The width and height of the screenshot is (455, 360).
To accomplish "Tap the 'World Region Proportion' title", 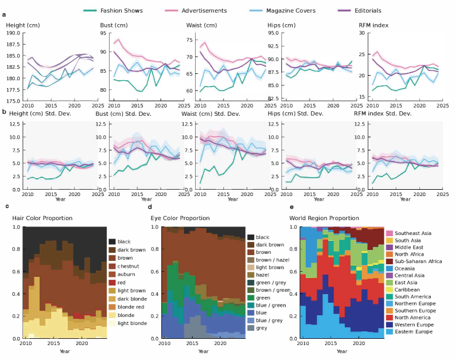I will pyautogui.click(x=324, y=218).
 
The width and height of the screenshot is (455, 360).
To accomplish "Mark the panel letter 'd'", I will pyautogui.click(x=150, y=206).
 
